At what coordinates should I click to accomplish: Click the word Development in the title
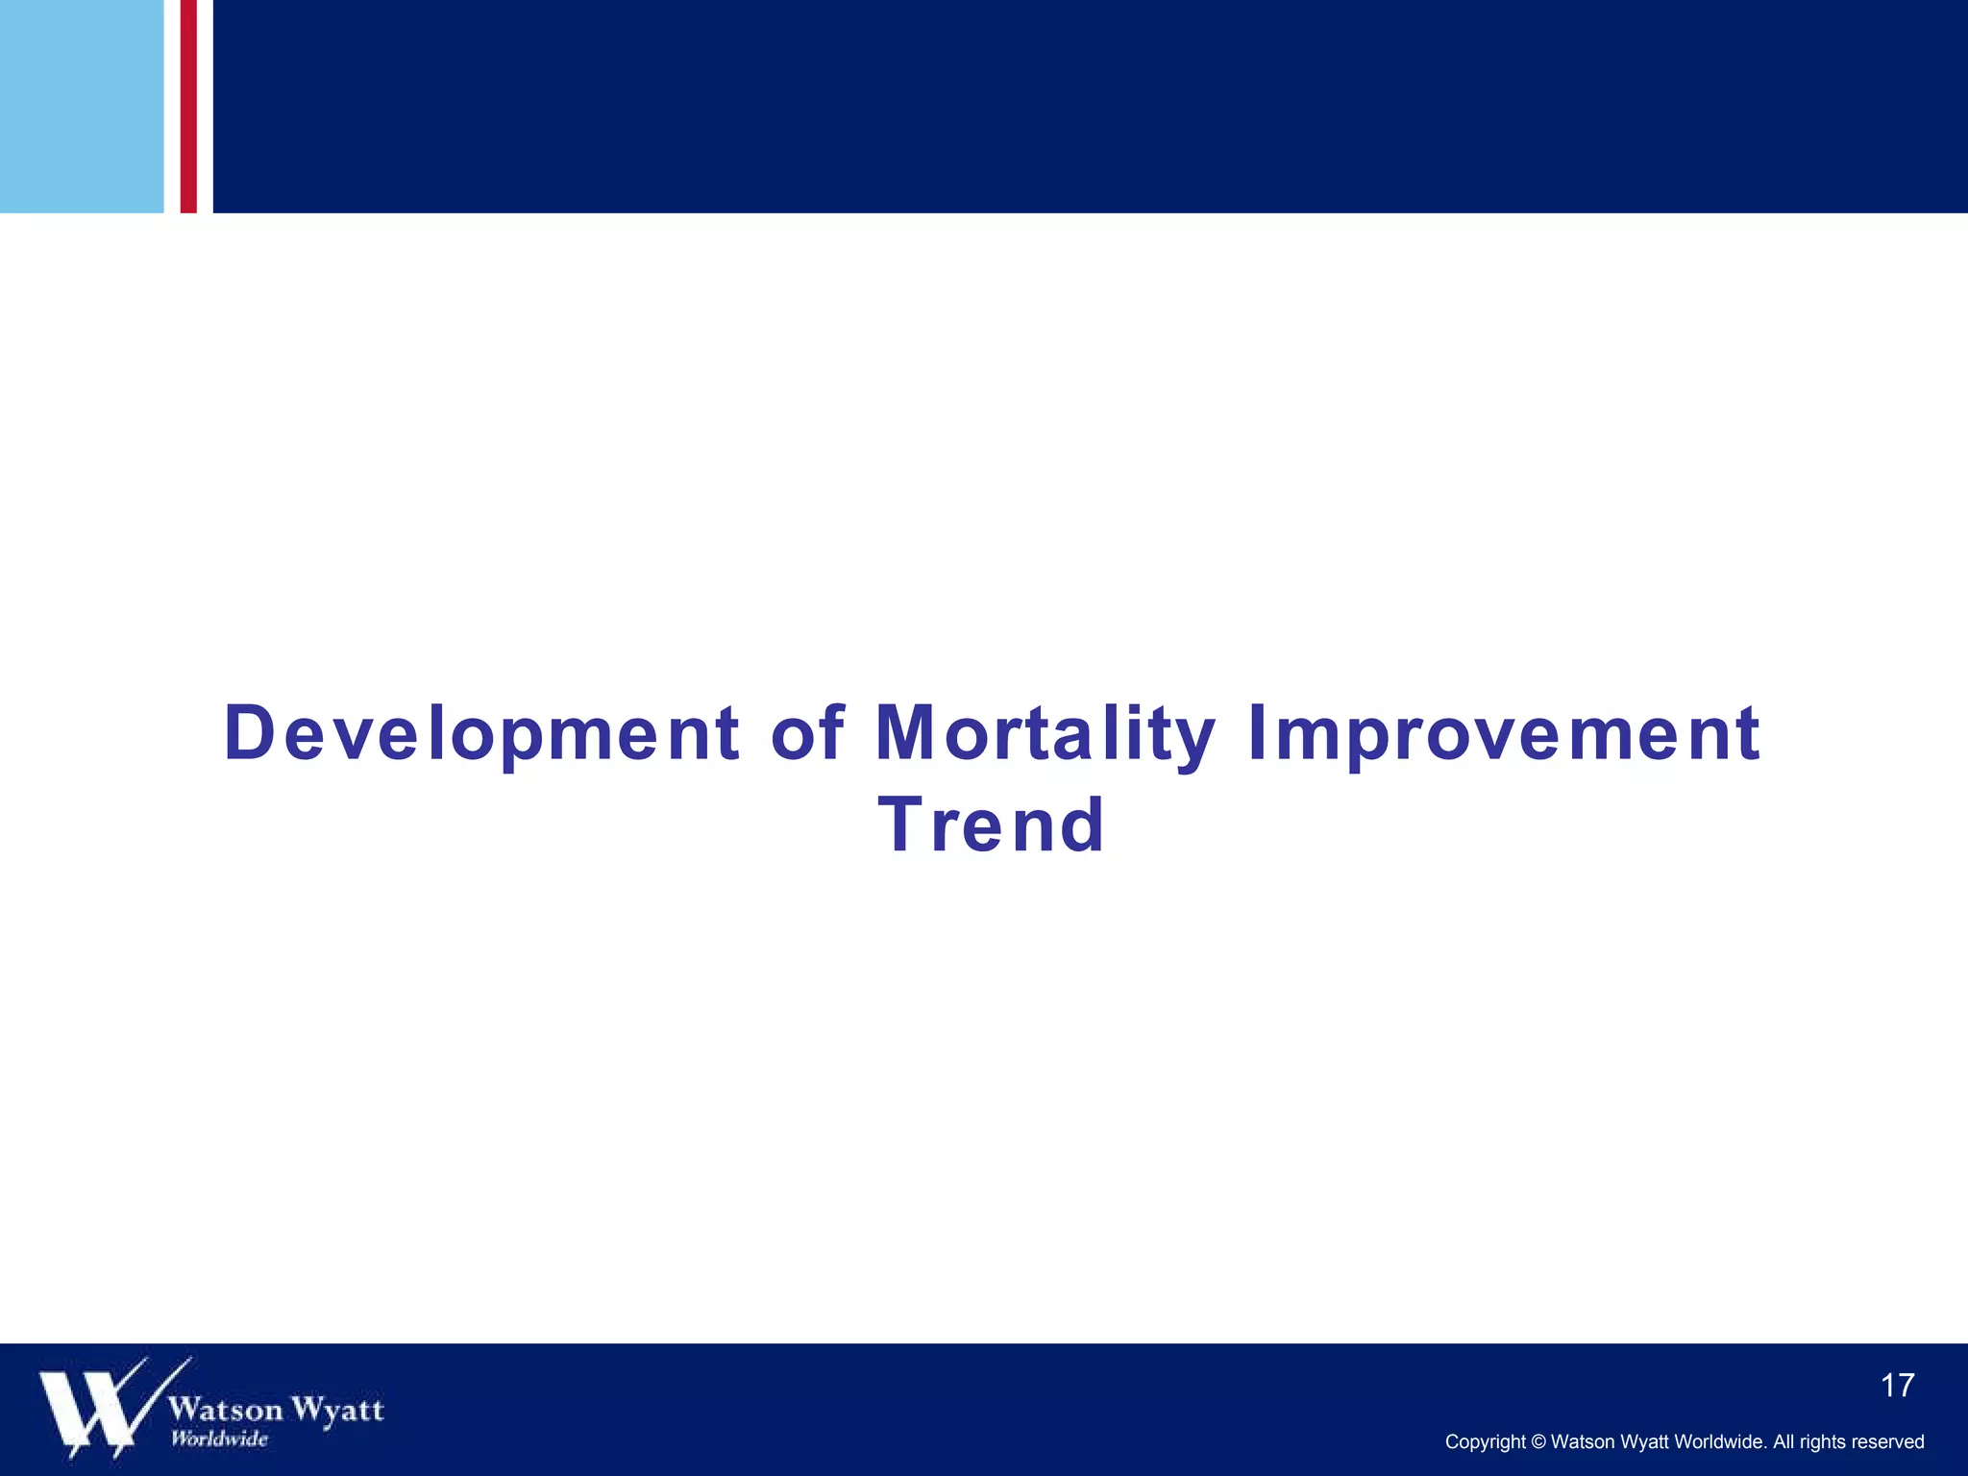coord(481,735)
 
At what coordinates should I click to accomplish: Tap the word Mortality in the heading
coord(1045,735)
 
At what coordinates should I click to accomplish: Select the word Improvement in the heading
coord(1504,735)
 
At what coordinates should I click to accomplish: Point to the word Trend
coord(991,825)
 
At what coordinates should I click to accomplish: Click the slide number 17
coord(1897,1386)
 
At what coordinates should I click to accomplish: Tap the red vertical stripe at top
coord(188,106)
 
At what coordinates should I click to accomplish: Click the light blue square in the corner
coord(82,106)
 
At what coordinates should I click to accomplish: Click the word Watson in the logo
coord(226,1410)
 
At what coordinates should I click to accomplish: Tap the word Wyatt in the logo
coord(337,1410)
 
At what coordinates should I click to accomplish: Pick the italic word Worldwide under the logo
coord(219,1439)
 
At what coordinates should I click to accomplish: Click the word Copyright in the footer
coord(1485,1441)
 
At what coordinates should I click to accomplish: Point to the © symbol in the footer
coord(1537,1441)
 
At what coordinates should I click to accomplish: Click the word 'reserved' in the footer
coord(1892,1441)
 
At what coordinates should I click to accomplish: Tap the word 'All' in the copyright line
coord(1783,1441)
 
